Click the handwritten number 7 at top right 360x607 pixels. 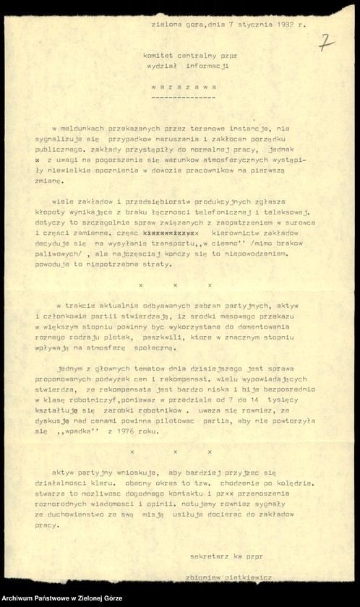coord(326,43)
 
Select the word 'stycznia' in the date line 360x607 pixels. coord(242,25)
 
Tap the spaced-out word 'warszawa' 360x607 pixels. coord(184,85)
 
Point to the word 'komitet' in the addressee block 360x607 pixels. coord(159,55)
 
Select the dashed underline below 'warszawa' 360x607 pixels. coord(184,95)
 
